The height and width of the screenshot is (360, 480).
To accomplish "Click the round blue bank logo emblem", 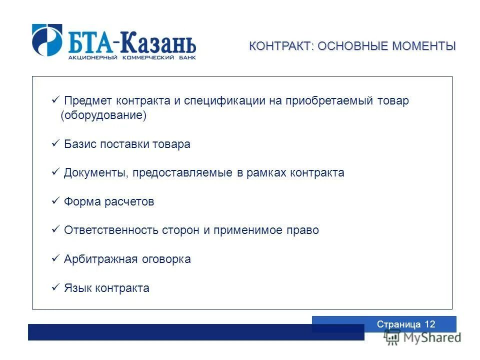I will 47,40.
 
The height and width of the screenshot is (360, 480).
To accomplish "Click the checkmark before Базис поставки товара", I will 55,144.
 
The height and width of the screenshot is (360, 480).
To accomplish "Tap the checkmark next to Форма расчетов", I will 55,201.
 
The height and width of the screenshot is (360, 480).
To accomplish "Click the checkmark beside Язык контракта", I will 55,288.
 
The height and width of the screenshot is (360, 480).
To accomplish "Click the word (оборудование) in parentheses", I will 103,115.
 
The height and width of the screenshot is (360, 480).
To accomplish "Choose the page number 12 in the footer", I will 430,324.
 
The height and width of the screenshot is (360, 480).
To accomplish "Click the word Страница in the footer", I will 399,324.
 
